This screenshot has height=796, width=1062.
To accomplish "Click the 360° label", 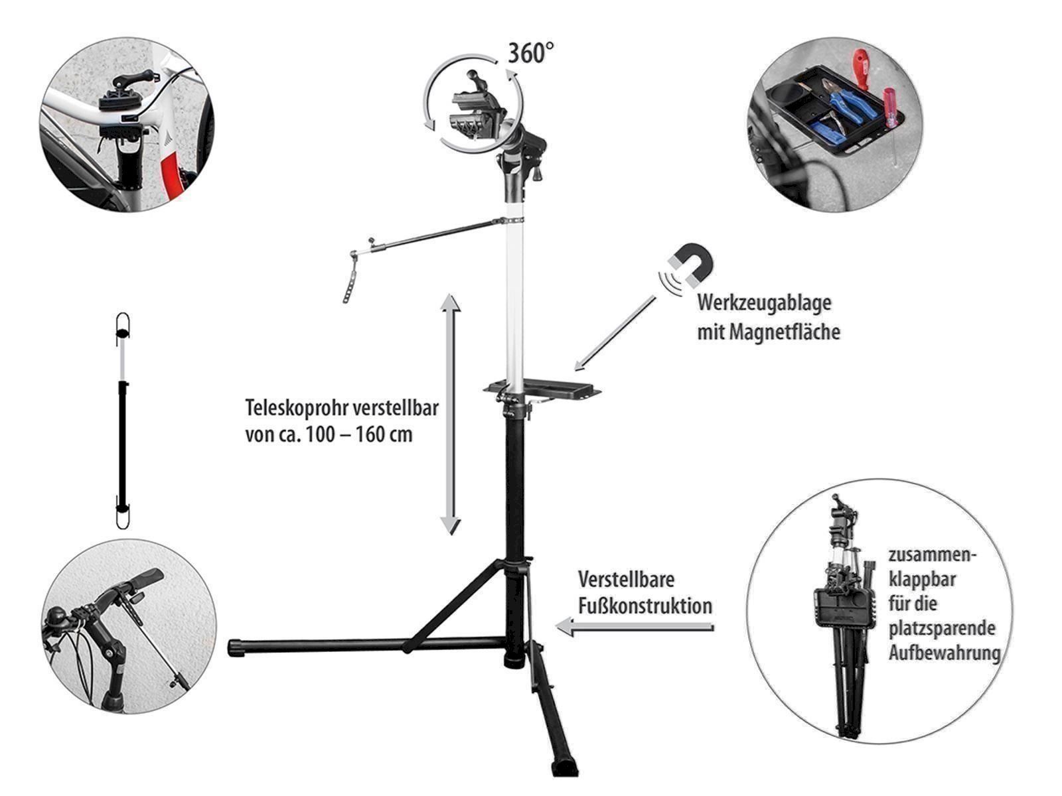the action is [x=531, y=52].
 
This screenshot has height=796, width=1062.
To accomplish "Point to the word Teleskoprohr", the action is [x=296, y=407].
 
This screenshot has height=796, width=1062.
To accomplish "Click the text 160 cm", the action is [x=384, y=434].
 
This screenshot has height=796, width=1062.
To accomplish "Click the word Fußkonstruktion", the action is [x=645, y=606].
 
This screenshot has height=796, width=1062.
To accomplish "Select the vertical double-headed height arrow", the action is [x=451, y=414].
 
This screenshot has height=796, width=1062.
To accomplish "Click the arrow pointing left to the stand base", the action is [x=635, y=628].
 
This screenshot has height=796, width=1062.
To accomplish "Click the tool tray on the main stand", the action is [x=542, y=391].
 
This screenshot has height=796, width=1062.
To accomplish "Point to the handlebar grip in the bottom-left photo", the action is [x=147, y=578].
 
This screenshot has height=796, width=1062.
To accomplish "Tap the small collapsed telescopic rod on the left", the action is [x=123, y=421].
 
